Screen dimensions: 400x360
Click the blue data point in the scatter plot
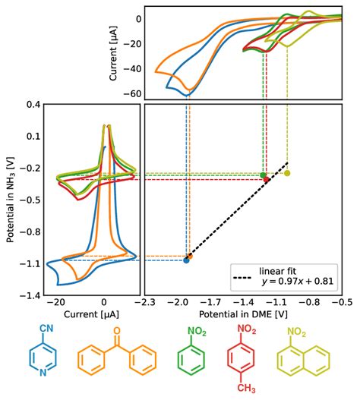tap(186, 260)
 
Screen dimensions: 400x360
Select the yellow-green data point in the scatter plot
tap(287, 173)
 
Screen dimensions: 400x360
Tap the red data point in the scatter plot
tap(267, 178)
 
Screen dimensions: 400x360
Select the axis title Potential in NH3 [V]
tap(11, 199)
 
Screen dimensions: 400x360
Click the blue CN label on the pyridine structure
tap(39, 332)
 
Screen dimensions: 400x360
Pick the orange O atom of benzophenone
tap(116, 330)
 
